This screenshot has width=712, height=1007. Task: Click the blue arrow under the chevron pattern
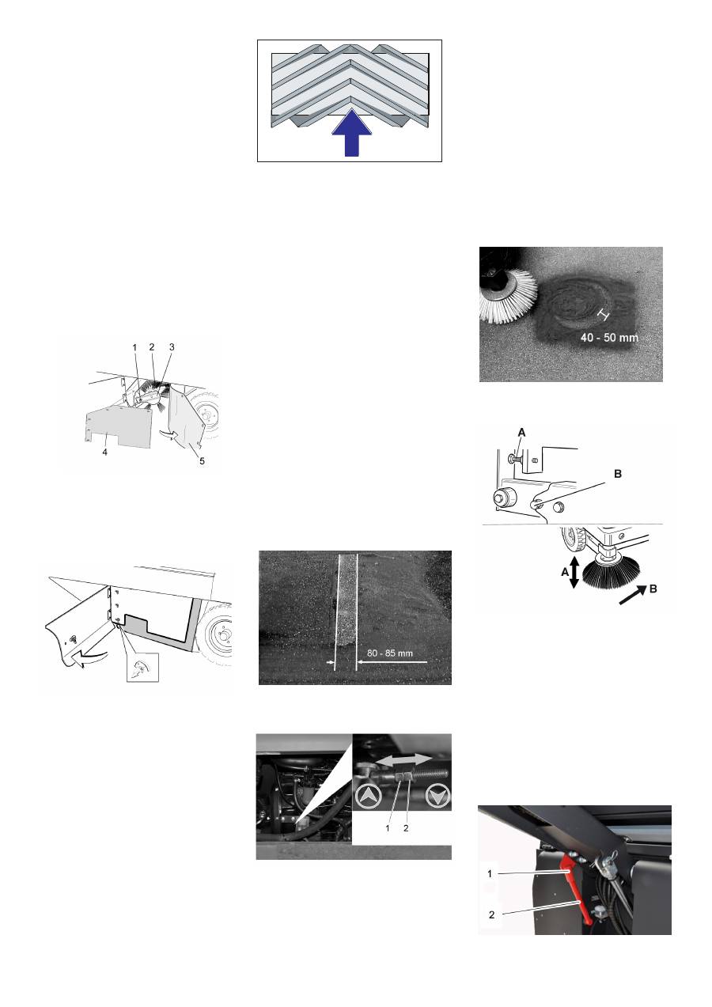click(350, 134)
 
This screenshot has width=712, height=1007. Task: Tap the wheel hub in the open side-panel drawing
click(215, 638)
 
